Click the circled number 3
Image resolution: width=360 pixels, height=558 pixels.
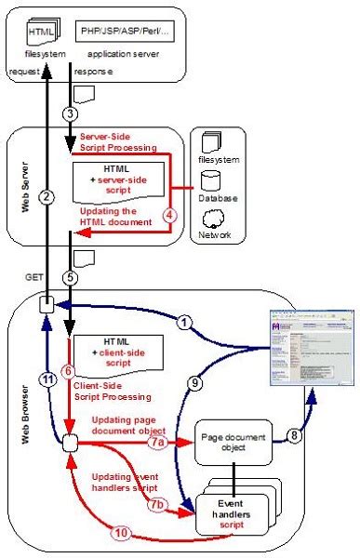(70, 113)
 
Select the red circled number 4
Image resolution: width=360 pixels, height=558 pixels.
(168, 212)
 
